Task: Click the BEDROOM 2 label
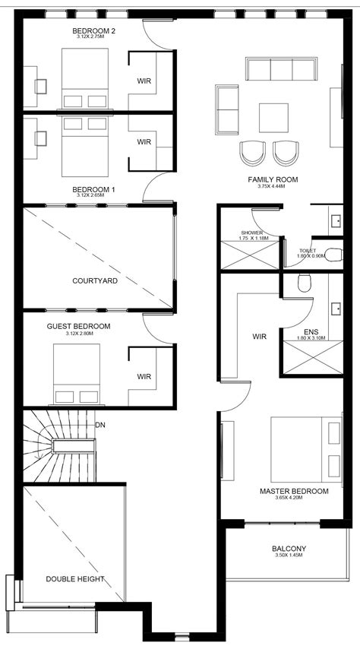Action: click(x=93, y=31)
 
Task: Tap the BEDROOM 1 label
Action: click(x=93, y=189)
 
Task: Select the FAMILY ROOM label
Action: click(x=272, y=179)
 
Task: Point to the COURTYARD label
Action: click(x=95, y=281)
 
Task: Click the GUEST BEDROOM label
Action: click(x=78, y=326)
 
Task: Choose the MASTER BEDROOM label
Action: click(x=294, y=492)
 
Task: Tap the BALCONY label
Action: click(x=289, y=549)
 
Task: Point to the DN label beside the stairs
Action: click(x=100, y=425)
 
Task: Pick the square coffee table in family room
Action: click(x=273, y=118)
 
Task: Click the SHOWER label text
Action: click(x=251, y=233)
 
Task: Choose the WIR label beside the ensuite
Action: click(x=260, y=336)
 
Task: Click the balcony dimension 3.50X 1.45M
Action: click(x=289, y=556)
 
